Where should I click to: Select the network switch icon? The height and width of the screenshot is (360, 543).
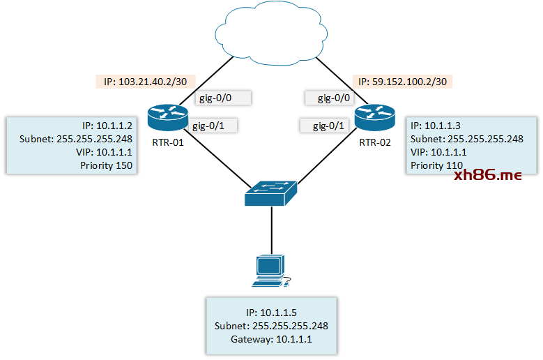pyautogui.click(x=271, y=190)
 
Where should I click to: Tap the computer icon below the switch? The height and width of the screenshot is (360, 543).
pyautogui.click(x=270, y=271)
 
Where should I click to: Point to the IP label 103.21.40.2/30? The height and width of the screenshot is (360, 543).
pyautogui.click(x=145, y=82)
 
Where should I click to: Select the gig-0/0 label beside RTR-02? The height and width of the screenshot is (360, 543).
pyautogui.click(x=334, y=98)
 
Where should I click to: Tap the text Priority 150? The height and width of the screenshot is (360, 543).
pyautogui.click(x=105, y=165)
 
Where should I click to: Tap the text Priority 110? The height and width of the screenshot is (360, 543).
pyautogui.click(x=437, y=165)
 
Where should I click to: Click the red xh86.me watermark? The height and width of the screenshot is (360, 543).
pyautogui.click(x=487, y=176)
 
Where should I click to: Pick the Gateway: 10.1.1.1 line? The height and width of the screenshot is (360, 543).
pyautogui.click(x=271, y=338)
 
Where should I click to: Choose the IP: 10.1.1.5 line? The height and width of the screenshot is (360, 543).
pyautogui.click(x=271, y=312)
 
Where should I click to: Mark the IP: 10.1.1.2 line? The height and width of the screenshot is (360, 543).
pyautogui.click(x=107, y=126)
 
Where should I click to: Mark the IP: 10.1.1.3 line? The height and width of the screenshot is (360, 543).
pyautogui.click(x=435, y=126)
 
